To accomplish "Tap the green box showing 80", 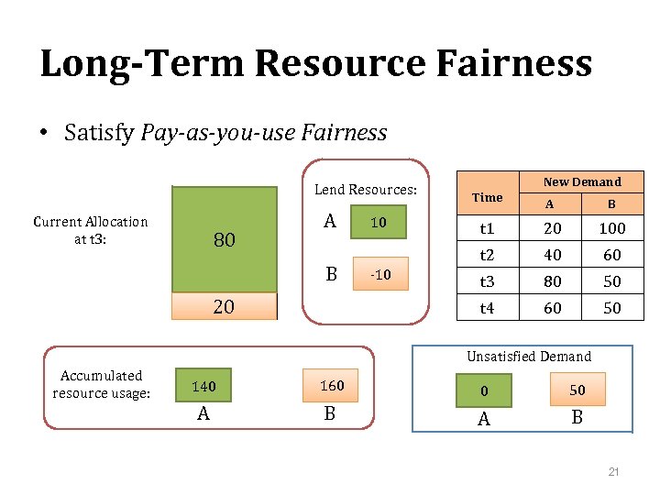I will pos(225,240).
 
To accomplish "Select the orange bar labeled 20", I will pos(225,307).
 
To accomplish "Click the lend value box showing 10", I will pos(378,223).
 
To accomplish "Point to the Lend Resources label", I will pos(366,190).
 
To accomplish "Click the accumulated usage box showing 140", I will pos(203,387).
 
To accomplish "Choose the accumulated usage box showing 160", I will pos(332,386).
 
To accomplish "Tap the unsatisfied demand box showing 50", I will pos(577,390).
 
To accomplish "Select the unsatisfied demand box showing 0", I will pos(485,391).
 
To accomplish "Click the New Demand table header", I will pos(582,181).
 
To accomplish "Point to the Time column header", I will pos(487,197).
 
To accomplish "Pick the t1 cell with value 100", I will pos(611,228).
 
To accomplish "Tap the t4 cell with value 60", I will pos(552,309).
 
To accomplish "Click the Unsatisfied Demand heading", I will pos(529,357).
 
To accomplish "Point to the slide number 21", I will pos(614,472).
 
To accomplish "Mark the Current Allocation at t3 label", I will pos(90,230).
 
